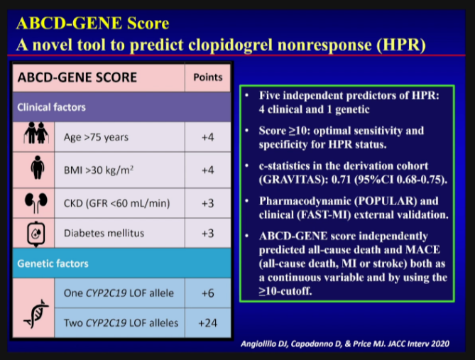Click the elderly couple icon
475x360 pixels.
[36, 133]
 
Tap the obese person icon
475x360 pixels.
[37, 168]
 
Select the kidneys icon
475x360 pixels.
[36, 202]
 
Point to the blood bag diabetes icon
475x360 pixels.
[36, 234]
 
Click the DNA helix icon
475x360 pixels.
[36, 314]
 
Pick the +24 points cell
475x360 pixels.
[208, 323]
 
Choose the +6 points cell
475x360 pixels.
[208, 293]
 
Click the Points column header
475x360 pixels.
[208, 77]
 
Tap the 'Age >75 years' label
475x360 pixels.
[96, 137]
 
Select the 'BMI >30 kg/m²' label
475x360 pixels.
[99, 170]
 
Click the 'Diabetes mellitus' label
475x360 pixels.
[104, 233]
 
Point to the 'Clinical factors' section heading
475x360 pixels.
[52, 107]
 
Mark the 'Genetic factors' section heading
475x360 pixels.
[53, 263]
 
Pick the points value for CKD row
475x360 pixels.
[208, 203]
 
